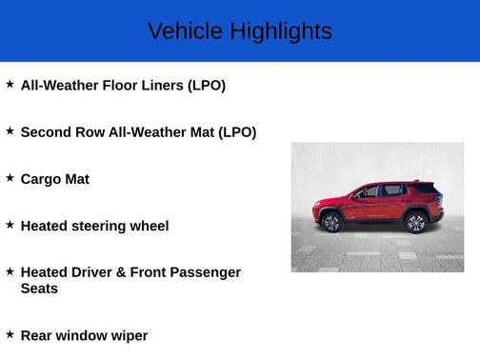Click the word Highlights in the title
point(281,31)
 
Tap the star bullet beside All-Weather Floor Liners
point(10,85)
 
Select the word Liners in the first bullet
point(163,86)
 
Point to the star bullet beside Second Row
point(10,131)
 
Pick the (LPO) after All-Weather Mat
point(237,132)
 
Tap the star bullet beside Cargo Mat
point(10,178)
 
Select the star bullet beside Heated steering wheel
point(10,225)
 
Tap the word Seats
point(39,289)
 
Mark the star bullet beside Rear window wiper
point(10,334)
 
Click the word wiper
point(129,335)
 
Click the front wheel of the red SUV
point(330,222)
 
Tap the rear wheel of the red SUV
point(415,222)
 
